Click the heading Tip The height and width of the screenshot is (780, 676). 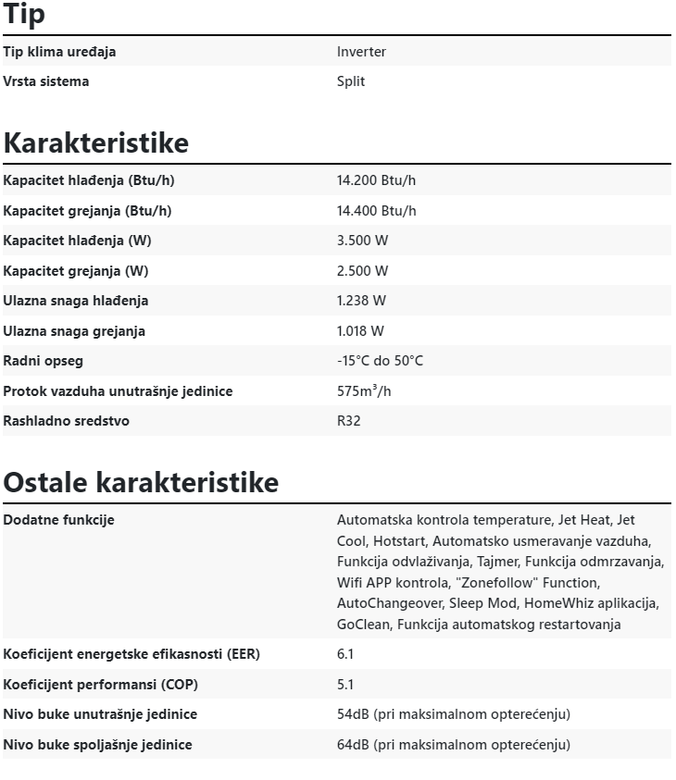tap(24, 15)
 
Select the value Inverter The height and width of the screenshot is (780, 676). tap(361, 52)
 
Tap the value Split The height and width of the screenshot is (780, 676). tap(351, 81)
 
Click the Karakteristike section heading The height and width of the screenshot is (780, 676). tap(95, 143)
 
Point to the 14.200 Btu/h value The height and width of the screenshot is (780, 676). tap(376, 180)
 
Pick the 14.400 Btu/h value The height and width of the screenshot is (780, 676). tap(376, 211)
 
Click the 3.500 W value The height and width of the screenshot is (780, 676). tap(362, 241)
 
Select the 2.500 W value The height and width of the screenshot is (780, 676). tap(362, 271)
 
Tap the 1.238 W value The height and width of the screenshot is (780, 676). tap(361, 301)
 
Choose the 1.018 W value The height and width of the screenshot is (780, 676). tap(360, 331)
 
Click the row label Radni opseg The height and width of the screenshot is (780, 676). tap(43, 361)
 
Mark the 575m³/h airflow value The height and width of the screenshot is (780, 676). tap(364, 391)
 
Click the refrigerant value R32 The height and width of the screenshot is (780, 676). tap(349, 421)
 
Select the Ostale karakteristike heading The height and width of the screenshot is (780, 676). tap(141, 483)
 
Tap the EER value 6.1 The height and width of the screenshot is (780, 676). tap(345, 654)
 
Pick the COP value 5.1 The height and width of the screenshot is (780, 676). tap(345, 685)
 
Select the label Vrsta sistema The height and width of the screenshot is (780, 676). tap(46, 81)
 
